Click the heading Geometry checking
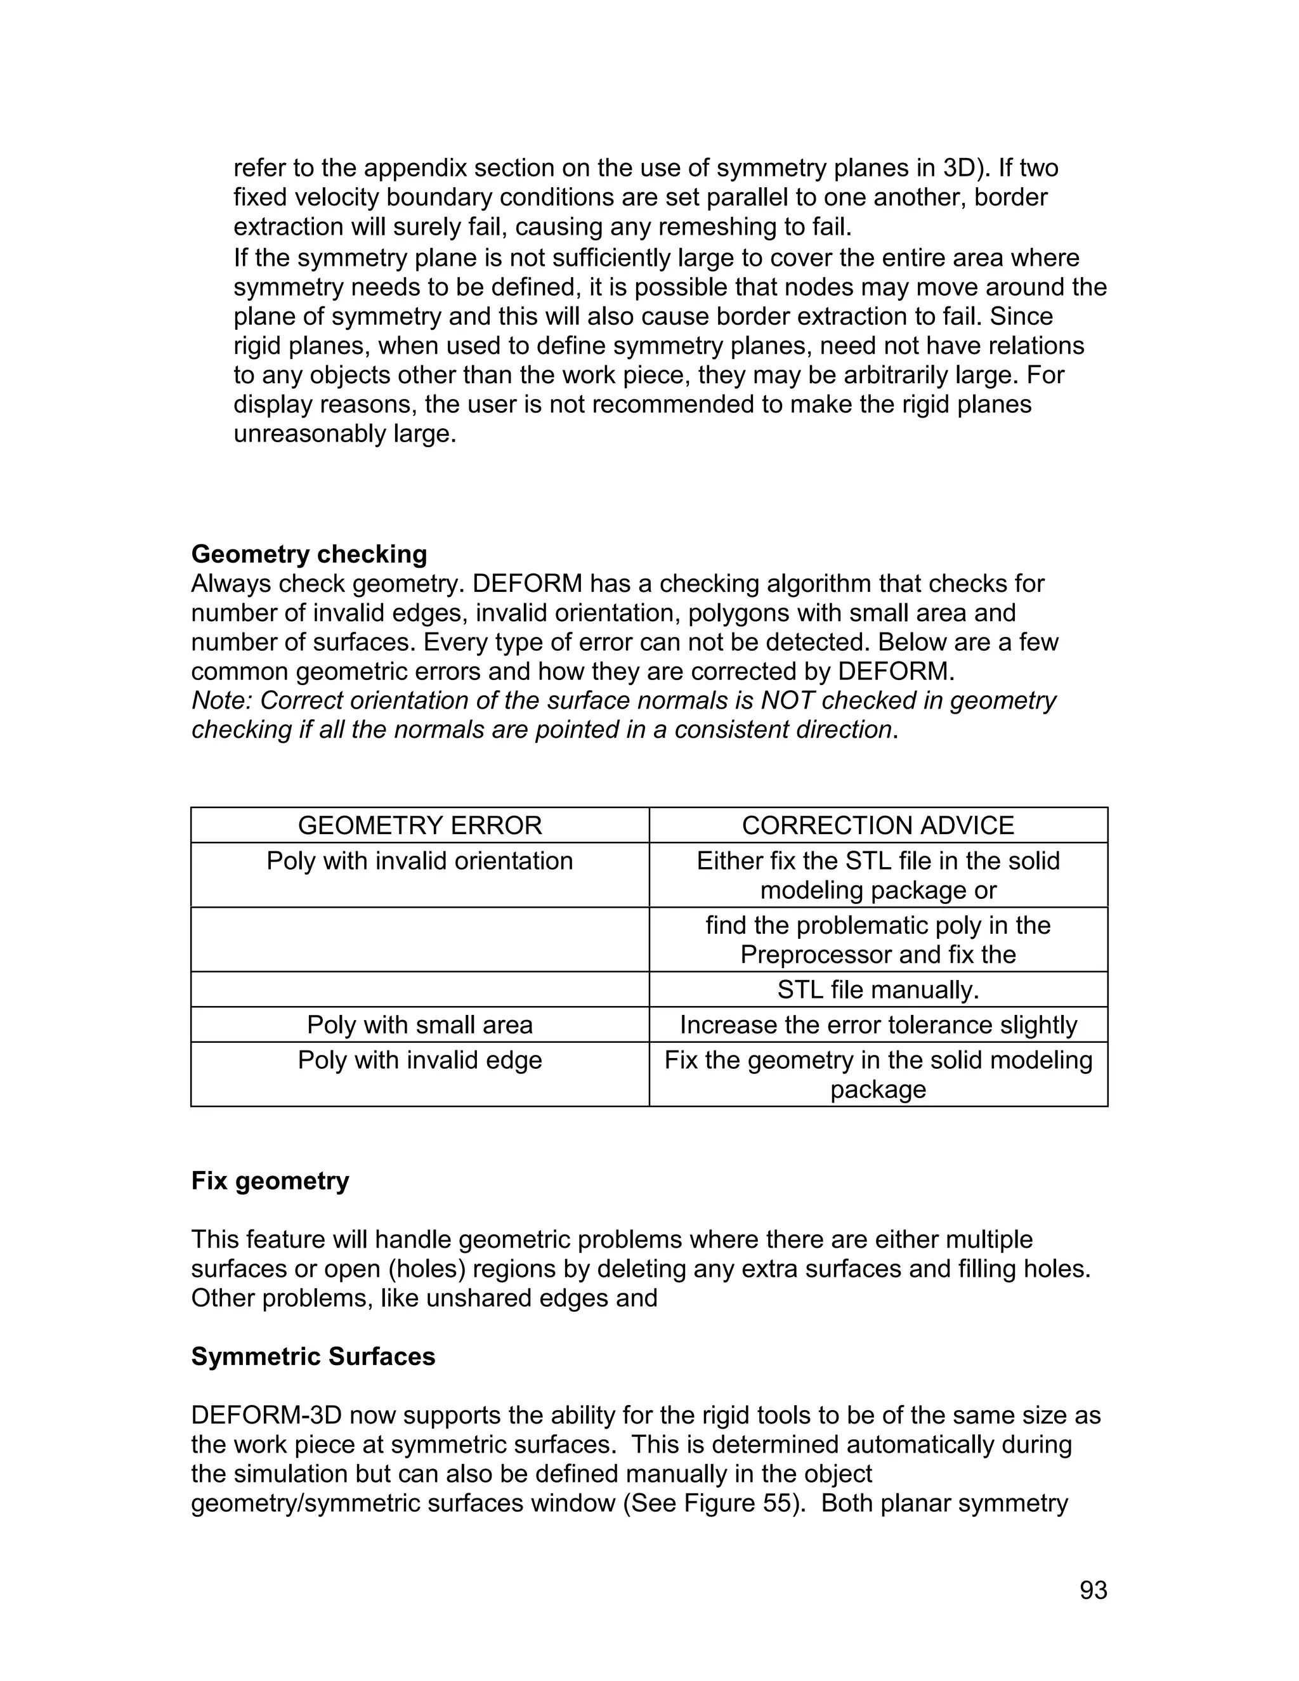point(309,554)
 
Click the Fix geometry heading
point(270,1181)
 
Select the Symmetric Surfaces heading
point(313,1356)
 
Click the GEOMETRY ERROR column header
point(419,825)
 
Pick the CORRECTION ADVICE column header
point(877,825)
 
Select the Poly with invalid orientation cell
point(419,861)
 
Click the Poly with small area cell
point(419,1024)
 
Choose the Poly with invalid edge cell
point(419,1060)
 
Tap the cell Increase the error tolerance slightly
point(877,1024)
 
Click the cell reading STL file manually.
point(877,989)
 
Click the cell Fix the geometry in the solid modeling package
point(877,1075)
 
